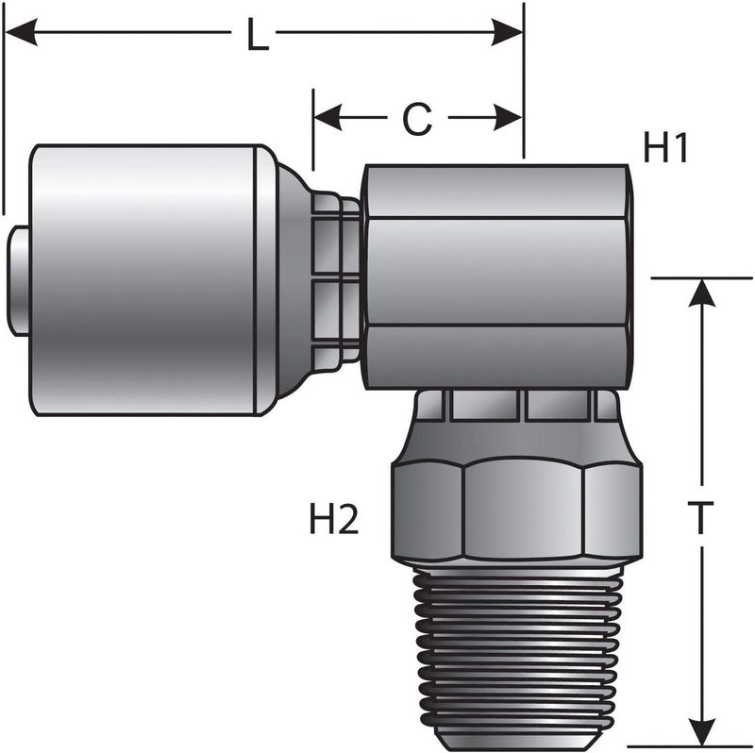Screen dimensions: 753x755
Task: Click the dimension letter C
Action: coord(416,118)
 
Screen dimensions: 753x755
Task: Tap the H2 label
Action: coord(334,519)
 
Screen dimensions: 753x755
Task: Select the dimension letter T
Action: coord(699,519)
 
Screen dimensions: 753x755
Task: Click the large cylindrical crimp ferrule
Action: coord(142,279)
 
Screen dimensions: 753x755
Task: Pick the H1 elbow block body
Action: coord(495,276)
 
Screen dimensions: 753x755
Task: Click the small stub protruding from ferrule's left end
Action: coord(19,279)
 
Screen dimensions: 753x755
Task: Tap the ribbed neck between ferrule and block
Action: coord(335,279)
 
